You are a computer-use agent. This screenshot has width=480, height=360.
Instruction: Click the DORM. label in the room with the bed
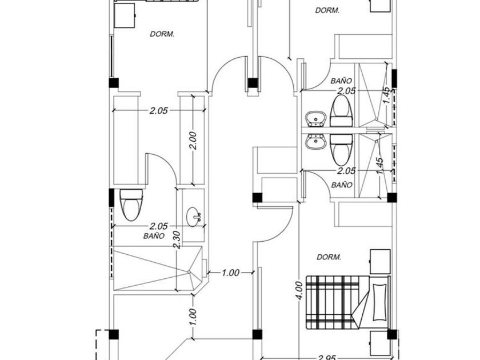coord(329,257)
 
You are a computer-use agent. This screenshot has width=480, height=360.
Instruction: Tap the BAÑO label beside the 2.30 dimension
coord(154,235)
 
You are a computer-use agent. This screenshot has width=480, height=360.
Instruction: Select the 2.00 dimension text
coord(193,140)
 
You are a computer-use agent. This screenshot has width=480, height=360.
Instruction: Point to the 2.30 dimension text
coord(179,238)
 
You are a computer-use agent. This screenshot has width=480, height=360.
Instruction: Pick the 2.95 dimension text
coord(326,357)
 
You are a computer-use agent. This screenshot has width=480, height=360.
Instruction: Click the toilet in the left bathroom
coord(130,205)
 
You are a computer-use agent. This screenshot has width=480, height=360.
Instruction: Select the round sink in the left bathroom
coord(194,216)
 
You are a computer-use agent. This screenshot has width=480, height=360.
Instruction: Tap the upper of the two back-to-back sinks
coord(315,119)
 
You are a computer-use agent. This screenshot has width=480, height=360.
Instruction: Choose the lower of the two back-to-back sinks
coord(315,142)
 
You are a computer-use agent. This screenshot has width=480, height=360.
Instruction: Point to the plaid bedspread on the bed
coord(331,301)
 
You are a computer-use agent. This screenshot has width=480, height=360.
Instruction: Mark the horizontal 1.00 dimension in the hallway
coord(230,273)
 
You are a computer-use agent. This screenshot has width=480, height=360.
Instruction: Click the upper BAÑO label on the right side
coord(341,82)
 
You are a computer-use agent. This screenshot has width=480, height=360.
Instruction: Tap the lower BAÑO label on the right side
coord(341,185)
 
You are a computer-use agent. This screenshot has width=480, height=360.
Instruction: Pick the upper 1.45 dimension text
coord(387,95)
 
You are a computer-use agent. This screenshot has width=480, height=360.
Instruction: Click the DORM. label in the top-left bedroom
coord(162,34)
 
